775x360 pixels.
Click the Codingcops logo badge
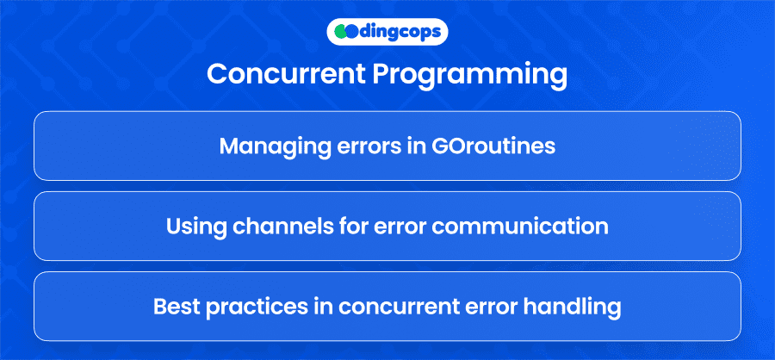pyautogui.click(x=387, y=32)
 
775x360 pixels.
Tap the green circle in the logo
pyautogui.click(x=339, y=32)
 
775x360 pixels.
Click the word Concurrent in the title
pyautogui.click(x=286, y=74)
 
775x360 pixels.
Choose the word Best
pyautogui.click(x=176, y=307)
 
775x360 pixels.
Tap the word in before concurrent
pyautogui.click(x=322, y=307)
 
